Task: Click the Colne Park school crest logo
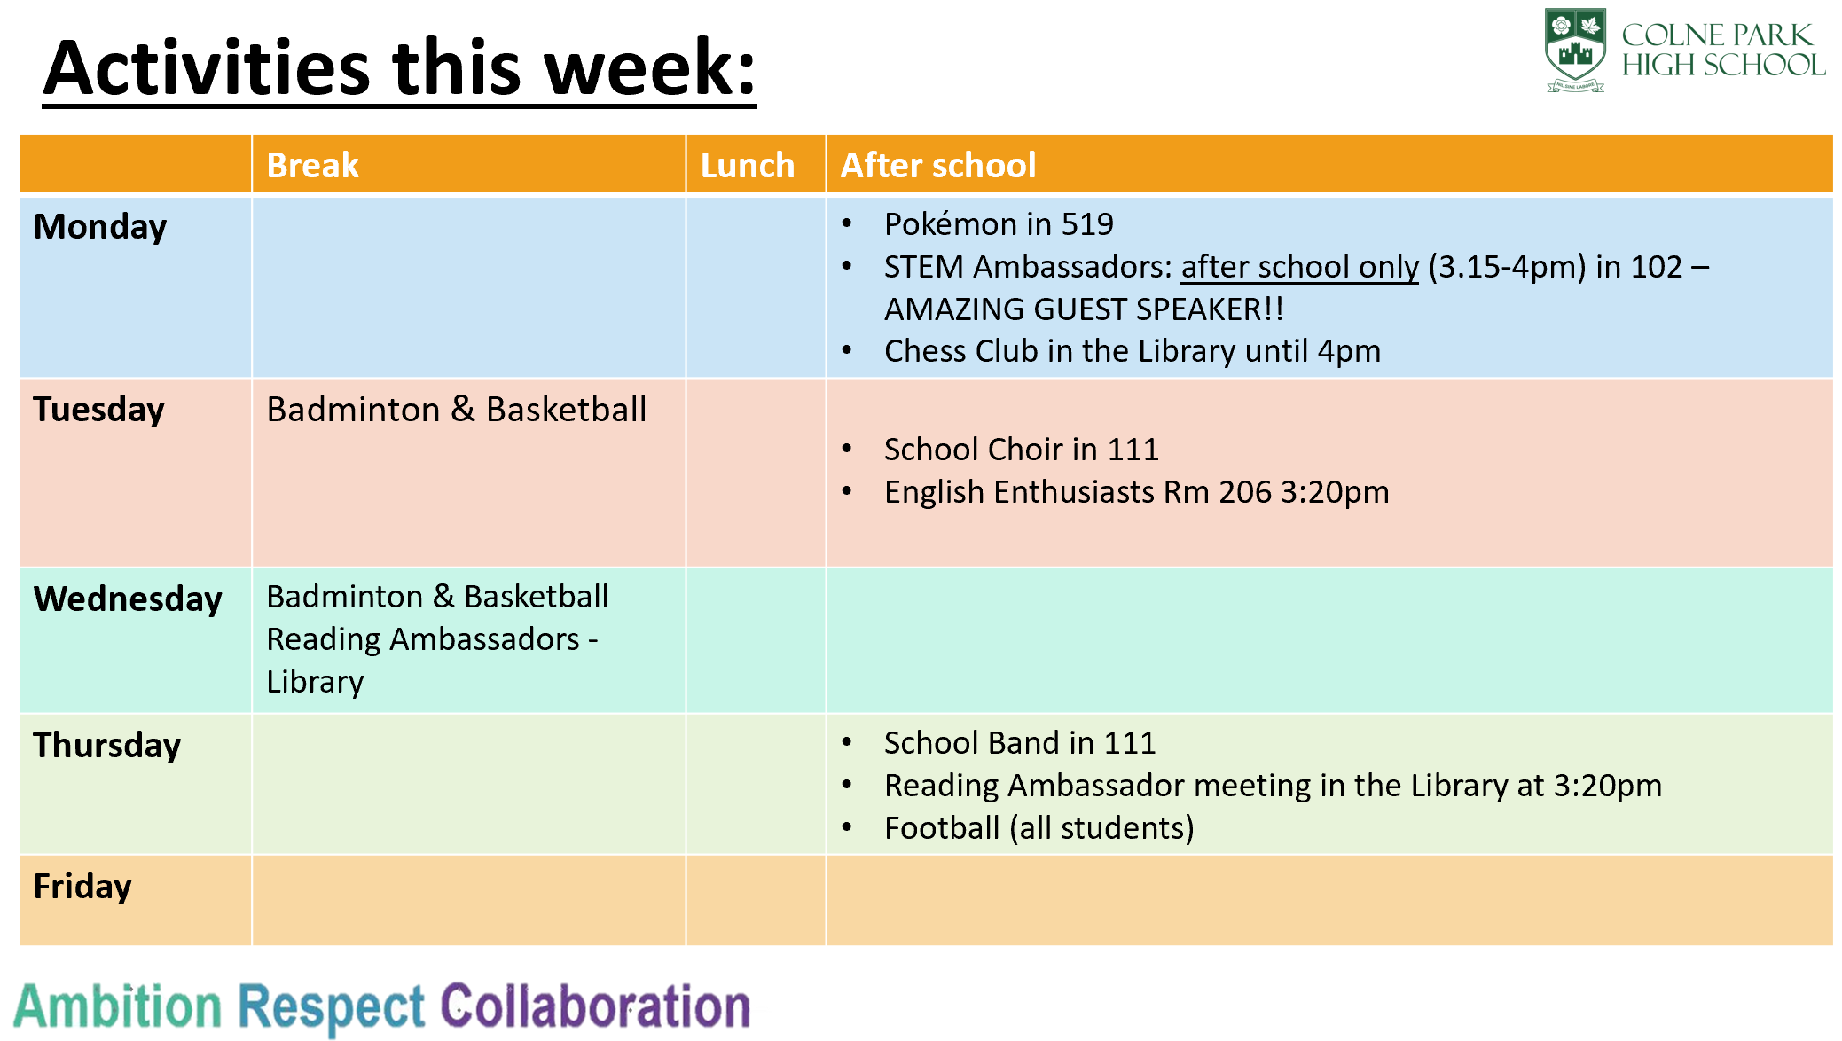(1574, 50)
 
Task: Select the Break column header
(312, 166)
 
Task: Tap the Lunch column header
(747, 166)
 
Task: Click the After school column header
(937, 166)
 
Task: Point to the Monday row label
(100, 228)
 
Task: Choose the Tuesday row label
(98, 411)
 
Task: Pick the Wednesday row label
(128, 599)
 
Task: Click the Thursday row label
(106, 746)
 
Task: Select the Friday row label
(82, 887)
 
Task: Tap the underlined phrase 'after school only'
(1299, 267)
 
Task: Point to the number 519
(1087, 224)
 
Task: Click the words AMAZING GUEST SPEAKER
(1084, 309)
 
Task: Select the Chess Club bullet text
(1133, 352)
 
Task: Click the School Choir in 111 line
(1021, 450)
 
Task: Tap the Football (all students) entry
(1039, 828)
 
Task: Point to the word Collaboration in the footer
(595, 1006)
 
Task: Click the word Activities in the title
(207, 68)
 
